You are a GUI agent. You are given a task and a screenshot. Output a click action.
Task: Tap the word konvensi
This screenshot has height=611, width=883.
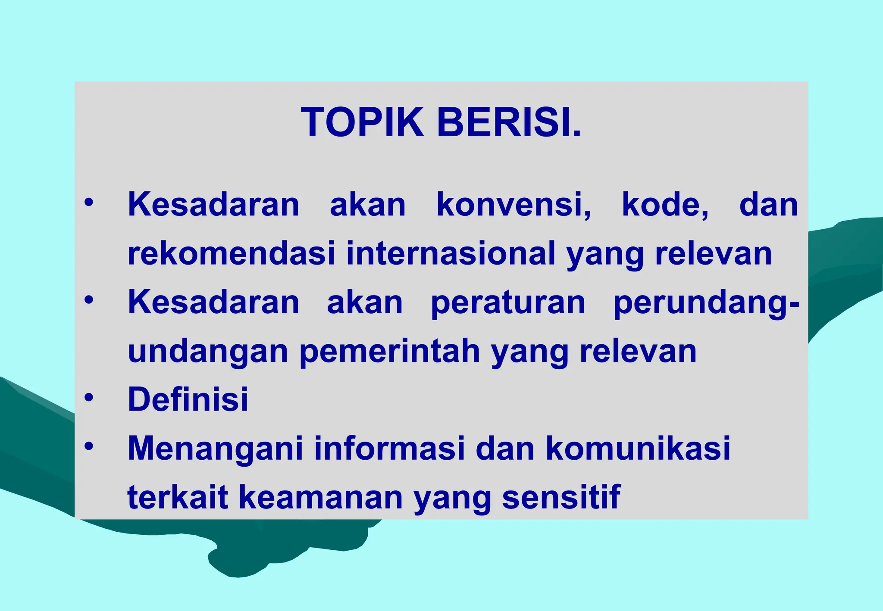click(514, 204)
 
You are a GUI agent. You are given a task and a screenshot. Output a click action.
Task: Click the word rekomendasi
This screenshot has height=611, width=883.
click(231, 253)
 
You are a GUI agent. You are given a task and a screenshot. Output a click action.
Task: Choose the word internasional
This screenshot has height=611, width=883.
click(451, 253)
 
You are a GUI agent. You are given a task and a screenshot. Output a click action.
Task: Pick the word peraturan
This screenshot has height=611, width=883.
click(508, 302)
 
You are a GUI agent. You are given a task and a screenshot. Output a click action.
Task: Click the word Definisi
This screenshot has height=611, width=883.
click(188, 399)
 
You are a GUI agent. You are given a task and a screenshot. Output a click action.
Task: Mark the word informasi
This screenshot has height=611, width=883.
click(389, 448)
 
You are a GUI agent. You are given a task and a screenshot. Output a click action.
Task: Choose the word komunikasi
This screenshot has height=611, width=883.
click(638, 448)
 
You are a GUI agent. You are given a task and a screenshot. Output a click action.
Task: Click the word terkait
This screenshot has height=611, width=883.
click(177, 497)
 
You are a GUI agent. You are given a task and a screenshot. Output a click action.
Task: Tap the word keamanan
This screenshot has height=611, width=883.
click(320, 497)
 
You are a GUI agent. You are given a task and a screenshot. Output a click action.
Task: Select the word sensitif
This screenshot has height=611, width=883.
click(561, 497)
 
